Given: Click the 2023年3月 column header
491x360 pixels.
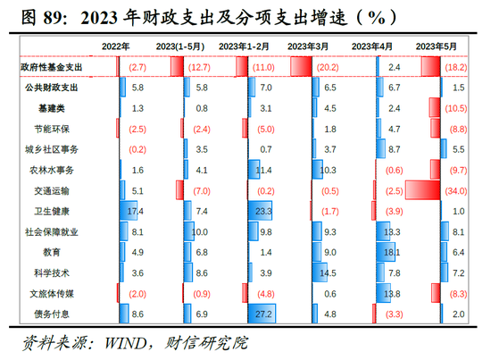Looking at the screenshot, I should pos(310,46).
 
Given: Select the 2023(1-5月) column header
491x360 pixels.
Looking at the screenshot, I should pos(183,46).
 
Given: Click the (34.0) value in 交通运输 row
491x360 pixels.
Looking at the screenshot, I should pos(454,190).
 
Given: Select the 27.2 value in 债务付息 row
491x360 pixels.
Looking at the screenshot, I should pos(264,314).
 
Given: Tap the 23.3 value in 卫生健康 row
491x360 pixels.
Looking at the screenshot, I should pos(264,211).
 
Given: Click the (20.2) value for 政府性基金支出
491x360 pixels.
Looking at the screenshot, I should pos(329,67).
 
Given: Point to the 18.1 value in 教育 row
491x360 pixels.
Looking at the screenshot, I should pos(390,253).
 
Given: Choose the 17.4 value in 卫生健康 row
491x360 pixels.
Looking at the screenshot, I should pos(137,211).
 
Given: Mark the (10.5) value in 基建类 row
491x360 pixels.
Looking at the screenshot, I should pos(454,108).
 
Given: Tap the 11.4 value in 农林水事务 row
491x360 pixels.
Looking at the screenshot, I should pos(264,170).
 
